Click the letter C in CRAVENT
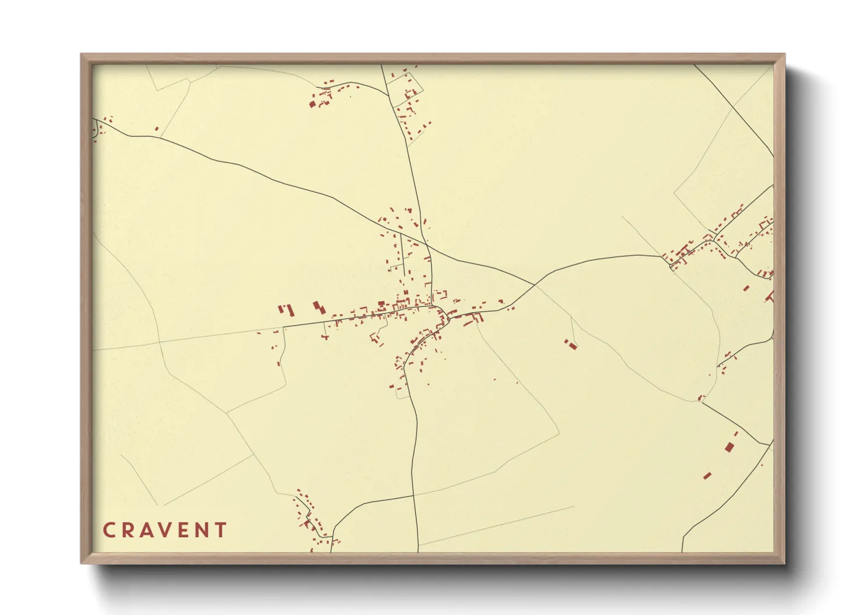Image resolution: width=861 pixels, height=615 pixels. (109, 530)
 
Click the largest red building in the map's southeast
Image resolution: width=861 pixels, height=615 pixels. (730, 447)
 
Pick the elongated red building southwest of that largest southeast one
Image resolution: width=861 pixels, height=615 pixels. (707, 475)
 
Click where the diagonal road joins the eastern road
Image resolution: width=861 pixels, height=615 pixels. (534, 285)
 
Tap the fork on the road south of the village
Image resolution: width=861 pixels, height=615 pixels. (412, 495)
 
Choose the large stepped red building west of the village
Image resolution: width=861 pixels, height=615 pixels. (318, 306)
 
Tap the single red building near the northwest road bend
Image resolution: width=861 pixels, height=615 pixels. (156, 128)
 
